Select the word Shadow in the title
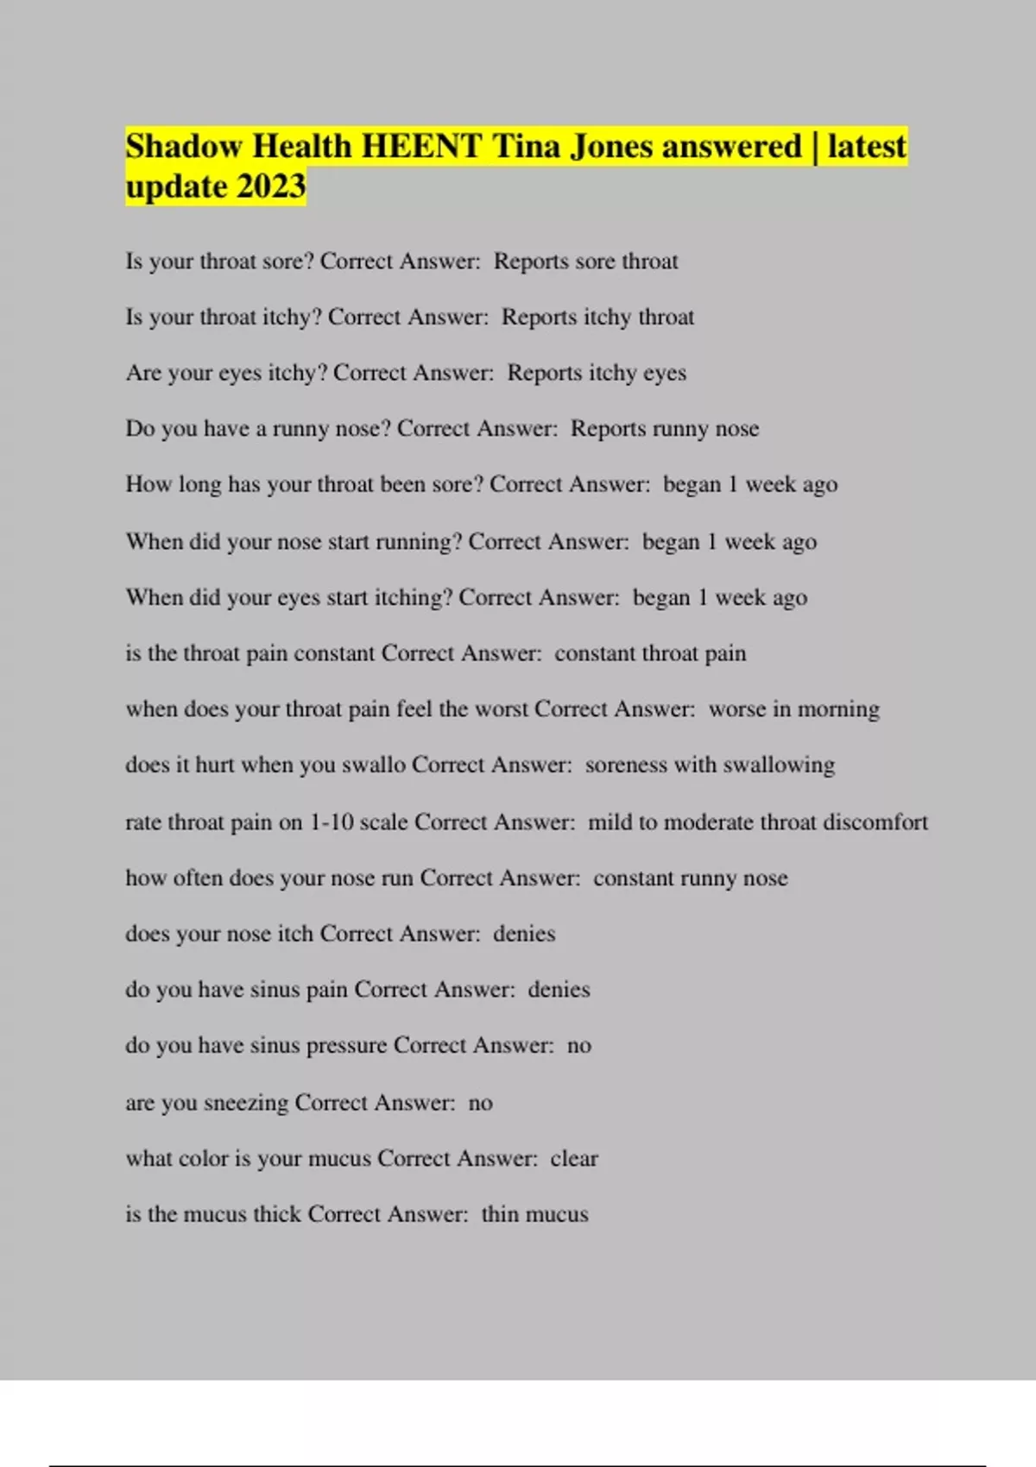pos(183,147)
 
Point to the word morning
pos(837,709)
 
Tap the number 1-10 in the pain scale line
pos(332,822)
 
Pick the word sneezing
pos(245,1103)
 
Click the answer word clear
pos(574,1158)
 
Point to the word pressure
pos(346,1046)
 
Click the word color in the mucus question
pos(202,1158)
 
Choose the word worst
pos(498,709)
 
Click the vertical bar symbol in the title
pos(814,147)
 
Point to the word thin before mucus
pos(500,1214)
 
